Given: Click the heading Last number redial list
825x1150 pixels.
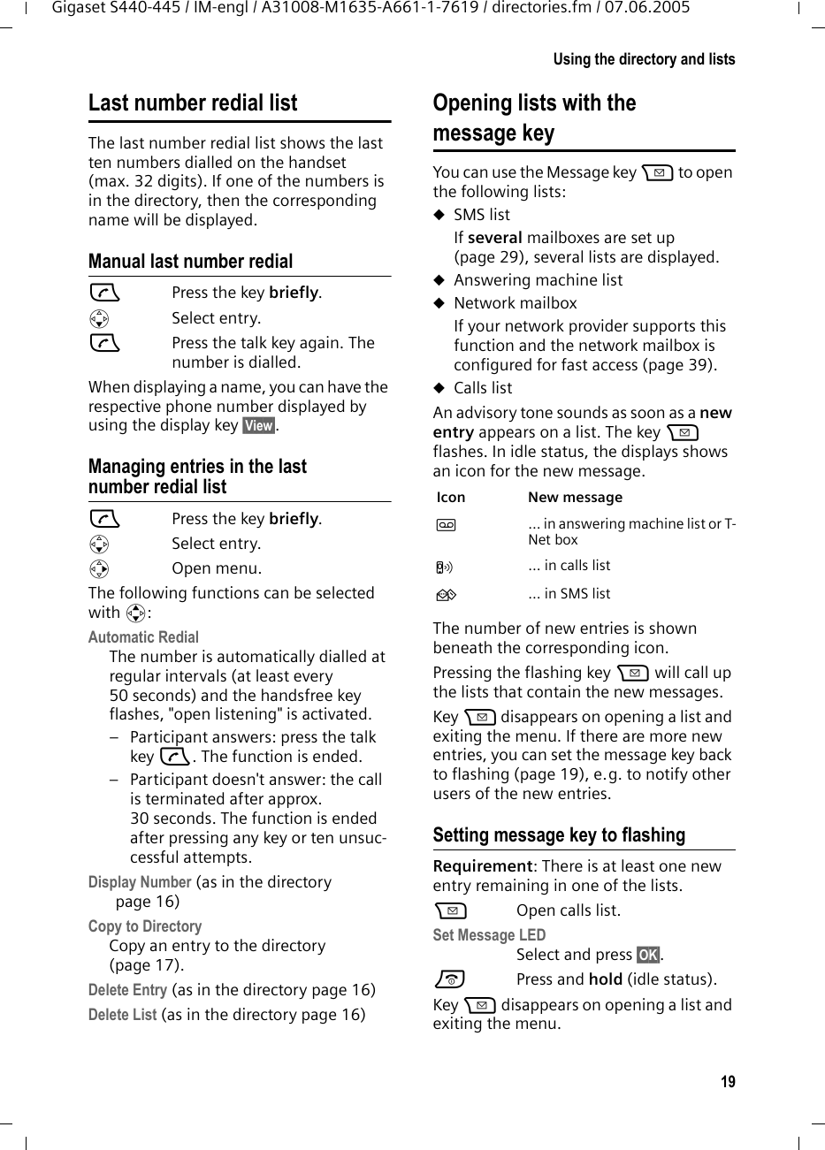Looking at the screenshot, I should (x=193, y=103).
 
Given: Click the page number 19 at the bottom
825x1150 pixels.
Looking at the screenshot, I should (x=727, y=1082).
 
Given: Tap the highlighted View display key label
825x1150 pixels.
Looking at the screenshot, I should (x=259, y=426).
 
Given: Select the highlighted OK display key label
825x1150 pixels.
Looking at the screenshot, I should (x=648, y=955).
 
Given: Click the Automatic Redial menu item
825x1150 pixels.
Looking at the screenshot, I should (x=143, y=637).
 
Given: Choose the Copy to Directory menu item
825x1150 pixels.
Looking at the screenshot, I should (x=145, y=926).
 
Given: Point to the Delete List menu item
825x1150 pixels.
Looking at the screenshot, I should (x=123, y=1015).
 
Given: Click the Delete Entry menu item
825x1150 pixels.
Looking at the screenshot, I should (x=127, y=990).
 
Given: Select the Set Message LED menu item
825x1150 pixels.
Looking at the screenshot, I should (x=489, y=935).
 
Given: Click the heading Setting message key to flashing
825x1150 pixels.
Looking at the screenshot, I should (x=559, y=835).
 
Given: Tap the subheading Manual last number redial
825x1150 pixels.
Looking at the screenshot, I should (x=190, y=262).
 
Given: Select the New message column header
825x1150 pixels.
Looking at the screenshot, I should (x=575, y=498).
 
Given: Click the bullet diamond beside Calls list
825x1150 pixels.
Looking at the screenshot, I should (x=439, y=388).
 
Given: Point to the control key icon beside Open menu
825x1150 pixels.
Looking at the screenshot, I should (x=99, y=569).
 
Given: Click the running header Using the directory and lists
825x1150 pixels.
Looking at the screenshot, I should (x=644, y=59).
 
